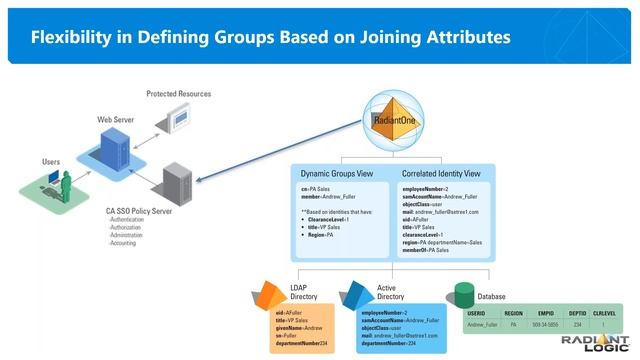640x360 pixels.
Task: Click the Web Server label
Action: [x=116, y=119]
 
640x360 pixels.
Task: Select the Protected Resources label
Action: [x=177, y=94]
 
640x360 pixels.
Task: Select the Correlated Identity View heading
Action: [x=440, y=173]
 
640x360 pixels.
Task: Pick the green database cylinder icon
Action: [x=464, y=294]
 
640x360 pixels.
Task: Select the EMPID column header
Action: [x=546, y=314]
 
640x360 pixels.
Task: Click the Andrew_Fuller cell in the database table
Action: [x=482, y=325]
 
